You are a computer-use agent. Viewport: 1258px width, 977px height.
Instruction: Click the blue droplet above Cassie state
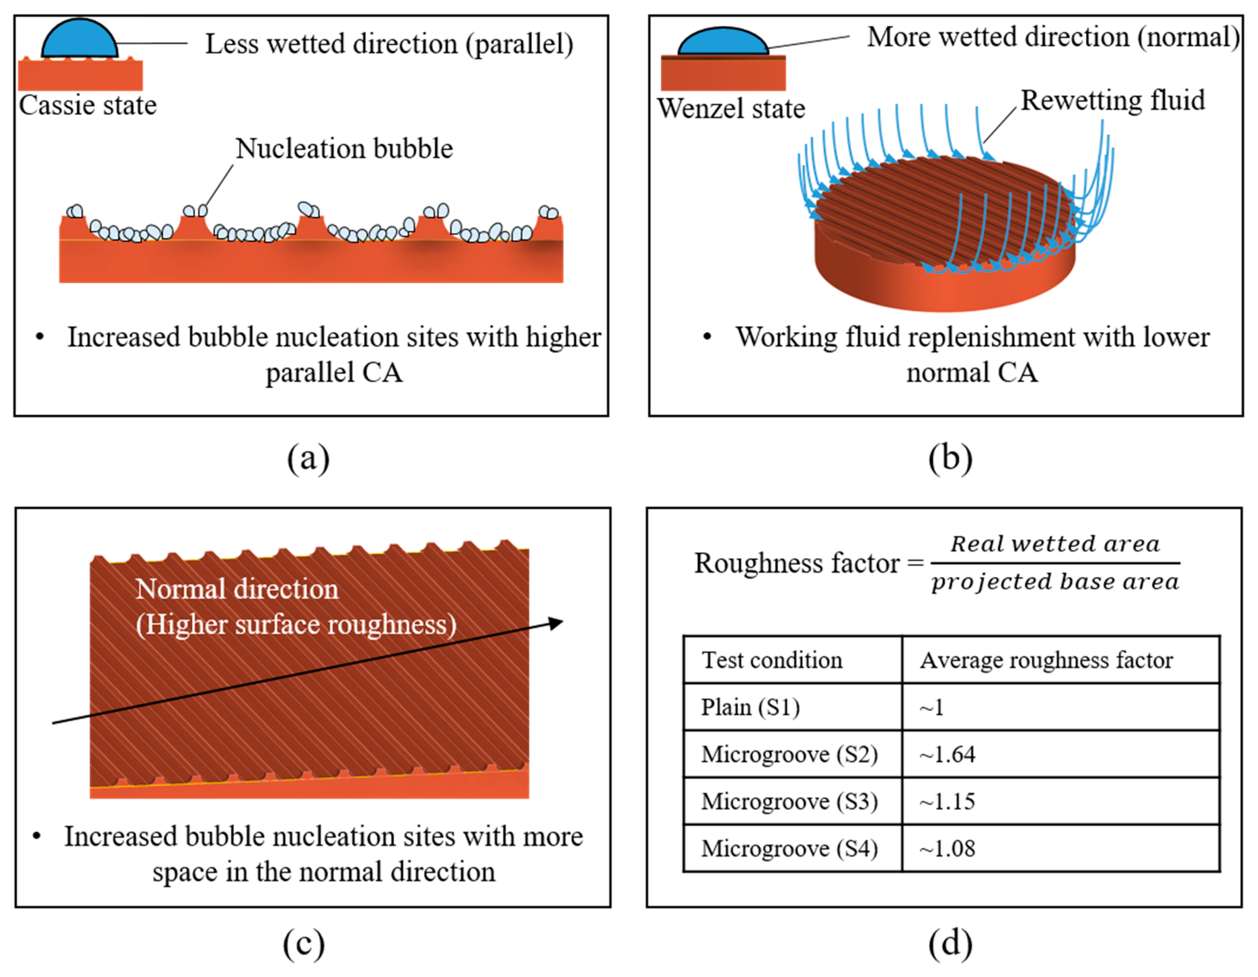(79, 39)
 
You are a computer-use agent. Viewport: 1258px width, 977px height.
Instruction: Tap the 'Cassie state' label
(88, 106)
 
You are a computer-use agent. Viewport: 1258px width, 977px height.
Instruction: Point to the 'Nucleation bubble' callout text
(344, 149)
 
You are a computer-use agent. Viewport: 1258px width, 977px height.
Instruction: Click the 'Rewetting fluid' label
(1113, 100)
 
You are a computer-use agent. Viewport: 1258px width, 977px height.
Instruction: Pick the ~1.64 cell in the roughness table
(948, 754)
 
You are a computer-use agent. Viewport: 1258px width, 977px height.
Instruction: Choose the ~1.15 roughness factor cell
(948, 801)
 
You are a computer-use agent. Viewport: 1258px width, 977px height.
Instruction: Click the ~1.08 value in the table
(948, 849)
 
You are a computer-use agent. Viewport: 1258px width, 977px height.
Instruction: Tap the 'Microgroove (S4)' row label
(789, 849)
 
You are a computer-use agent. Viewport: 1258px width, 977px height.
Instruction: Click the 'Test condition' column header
(772, 660)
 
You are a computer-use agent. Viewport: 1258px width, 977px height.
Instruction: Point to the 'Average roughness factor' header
(1046, 660)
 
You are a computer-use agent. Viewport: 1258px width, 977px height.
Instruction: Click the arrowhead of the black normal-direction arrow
(556, 622)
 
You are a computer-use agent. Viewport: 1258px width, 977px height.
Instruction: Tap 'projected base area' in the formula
(1055, 582)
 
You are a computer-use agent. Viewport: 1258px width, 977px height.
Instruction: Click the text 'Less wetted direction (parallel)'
(389, 44)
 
